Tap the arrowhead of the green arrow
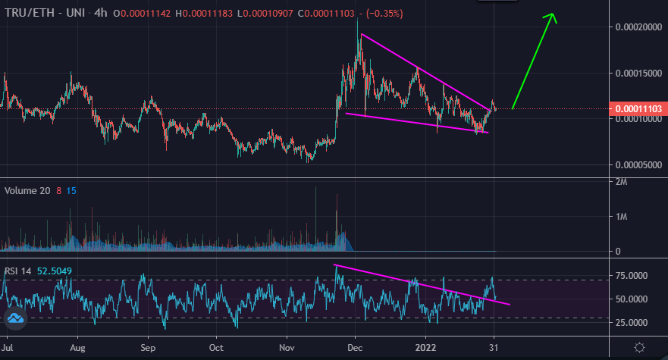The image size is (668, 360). [x=553, y=17]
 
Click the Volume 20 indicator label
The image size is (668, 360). [x=27, y=191]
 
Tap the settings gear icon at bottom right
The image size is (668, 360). [x=640, y=347]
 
